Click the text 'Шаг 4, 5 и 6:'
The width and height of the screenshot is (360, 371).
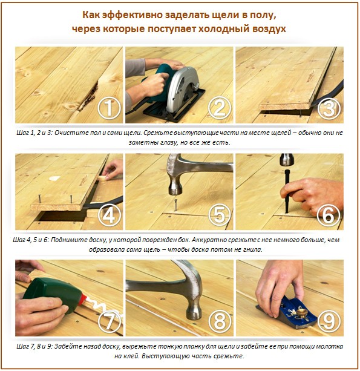pyautogui.click(x=34, y=240)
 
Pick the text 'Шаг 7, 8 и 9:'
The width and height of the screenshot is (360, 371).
pyautogui.click(x=34, y=346)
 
